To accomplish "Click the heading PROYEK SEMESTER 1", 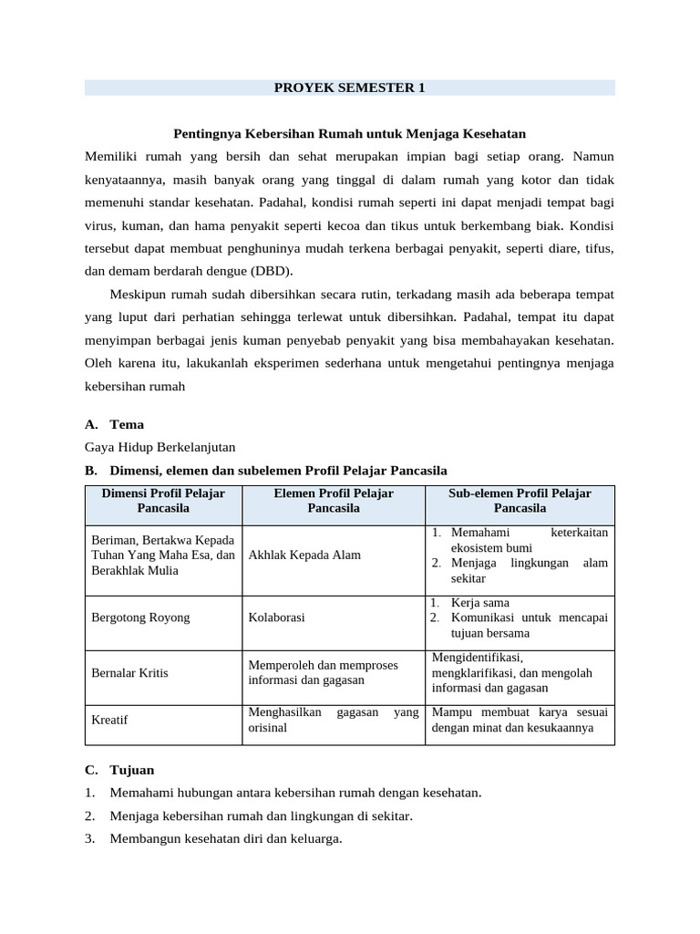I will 350,88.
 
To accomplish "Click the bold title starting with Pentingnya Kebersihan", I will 350,133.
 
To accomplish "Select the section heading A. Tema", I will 114,424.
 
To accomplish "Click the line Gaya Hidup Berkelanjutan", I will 160,447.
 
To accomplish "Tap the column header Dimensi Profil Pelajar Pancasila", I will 163,500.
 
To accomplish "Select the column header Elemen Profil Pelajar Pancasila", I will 334,500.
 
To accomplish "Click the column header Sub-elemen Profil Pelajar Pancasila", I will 520,500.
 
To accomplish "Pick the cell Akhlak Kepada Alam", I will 304,555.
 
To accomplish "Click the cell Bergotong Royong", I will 140,617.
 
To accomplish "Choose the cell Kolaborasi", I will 276,617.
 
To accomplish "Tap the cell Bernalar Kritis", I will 129,672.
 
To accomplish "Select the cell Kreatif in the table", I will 109,720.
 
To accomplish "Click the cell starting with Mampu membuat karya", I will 520,720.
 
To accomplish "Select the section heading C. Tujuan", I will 119,770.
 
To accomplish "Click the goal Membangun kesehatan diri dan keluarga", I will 225,839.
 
